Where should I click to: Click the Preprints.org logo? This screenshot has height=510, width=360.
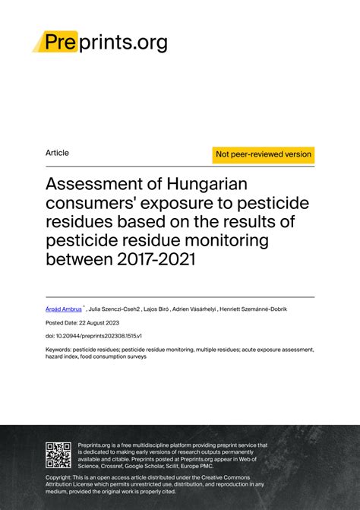point(100,42)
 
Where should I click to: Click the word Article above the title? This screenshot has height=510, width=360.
point(57,153)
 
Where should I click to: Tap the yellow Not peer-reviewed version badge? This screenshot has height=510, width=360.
point(264,154)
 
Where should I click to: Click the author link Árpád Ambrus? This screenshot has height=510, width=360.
point(64,309)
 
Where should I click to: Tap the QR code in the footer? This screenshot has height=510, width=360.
point(59,455)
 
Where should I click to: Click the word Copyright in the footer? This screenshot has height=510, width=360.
point(62,477)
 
